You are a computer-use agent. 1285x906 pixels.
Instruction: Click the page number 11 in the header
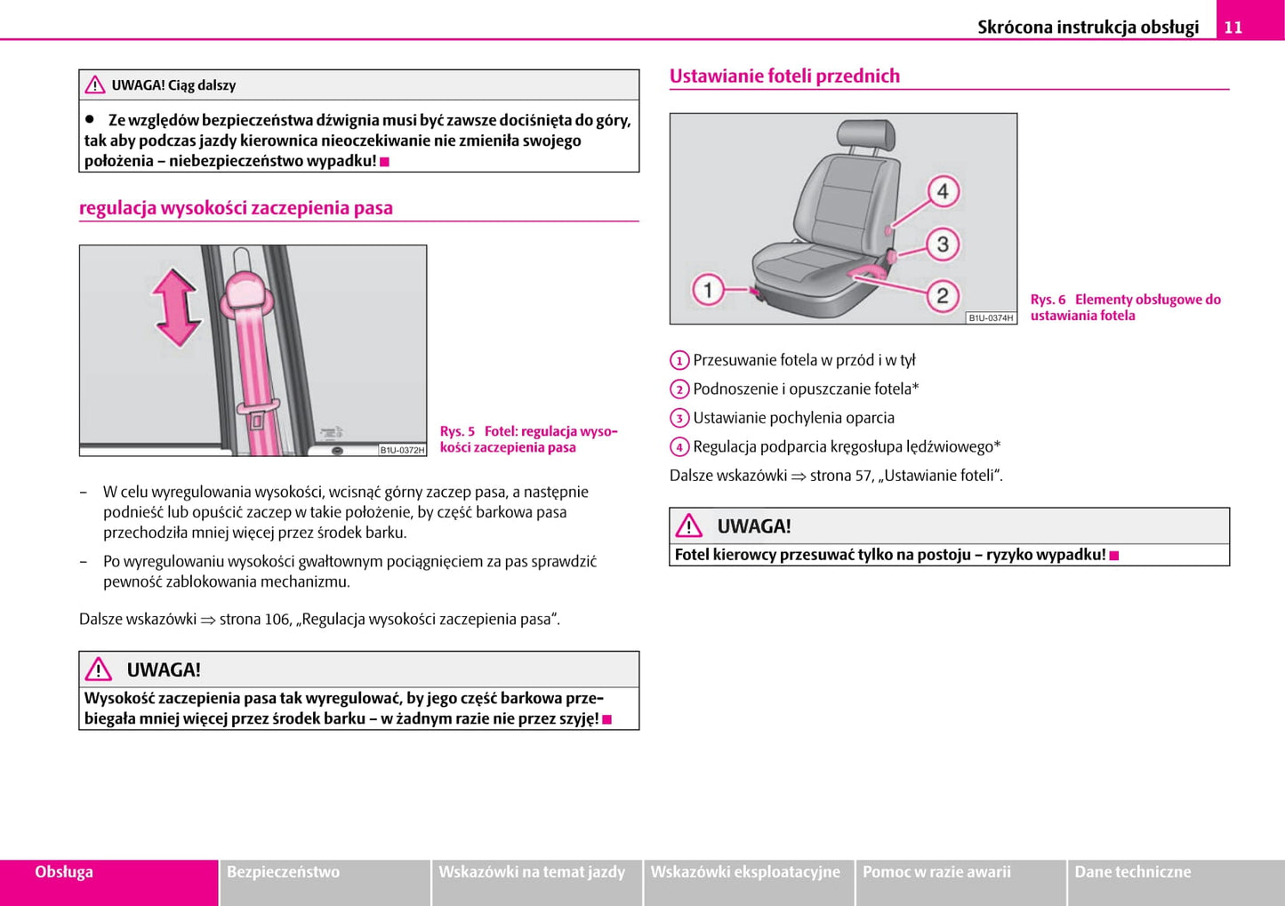(1233, 27)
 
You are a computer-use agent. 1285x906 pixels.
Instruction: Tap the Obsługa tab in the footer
(64, 872)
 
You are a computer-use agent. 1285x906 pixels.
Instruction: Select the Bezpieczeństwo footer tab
(283, 872)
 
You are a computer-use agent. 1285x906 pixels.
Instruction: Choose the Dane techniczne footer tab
(1132, 872)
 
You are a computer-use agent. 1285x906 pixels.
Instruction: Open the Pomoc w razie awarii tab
(936, 872)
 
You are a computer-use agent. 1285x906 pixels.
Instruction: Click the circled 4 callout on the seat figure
(943, 191)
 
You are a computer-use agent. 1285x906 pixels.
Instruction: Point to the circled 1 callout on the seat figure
(708, 290)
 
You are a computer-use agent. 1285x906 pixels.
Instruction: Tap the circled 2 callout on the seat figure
(943, 295)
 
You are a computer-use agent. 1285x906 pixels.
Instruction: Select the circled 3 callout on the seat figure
(943, 245)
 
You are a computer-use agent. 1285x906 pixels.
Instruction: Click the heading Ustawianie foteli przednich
(784, 76)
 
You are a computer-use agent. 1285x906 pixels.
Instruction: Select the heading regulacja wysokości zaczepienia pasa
(236, 208)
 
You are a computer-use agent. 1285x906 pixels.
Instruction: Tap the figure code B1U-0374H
(991, 317)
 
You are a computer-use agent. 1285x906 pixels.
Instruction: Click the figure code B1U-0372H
(402, 450)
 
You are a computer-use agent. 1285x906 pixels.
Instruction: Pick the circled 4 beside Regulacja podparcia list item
(679, 447)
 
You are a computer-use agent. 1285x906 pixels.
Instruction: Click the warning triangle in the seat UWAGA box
(688, 526)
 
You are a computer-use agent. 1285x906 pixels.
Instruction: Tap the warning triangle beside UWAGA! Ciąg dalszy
(95, 85)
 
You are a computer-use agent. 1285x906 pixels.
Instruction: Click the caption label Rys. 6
(1048, 300)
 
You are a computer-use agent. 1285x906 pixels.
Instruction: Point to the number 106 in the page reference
(277, 619)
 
